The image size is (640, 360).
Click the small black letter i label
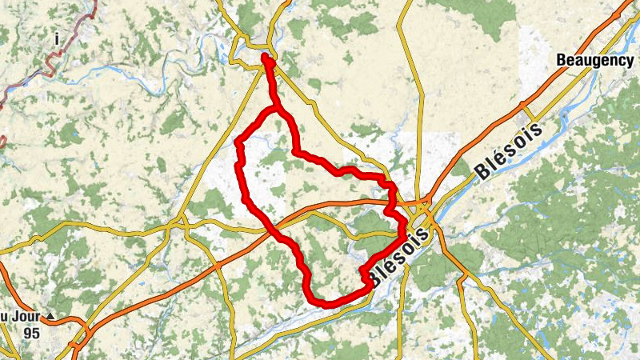[58, 38]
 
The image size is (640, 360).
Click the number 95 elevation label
[31, 333]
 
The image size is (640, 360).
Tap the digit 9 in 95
[27, 333]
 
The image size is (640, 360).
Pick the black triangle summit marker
[51, 317]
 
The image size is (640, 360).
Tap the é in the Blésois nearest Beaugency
[494, 162]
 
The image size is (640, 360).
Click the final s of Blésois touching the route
[438, 232]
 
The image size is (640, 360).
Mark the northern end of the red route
[266, 58]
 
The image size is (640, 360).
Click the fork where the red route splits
[276, 107]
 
